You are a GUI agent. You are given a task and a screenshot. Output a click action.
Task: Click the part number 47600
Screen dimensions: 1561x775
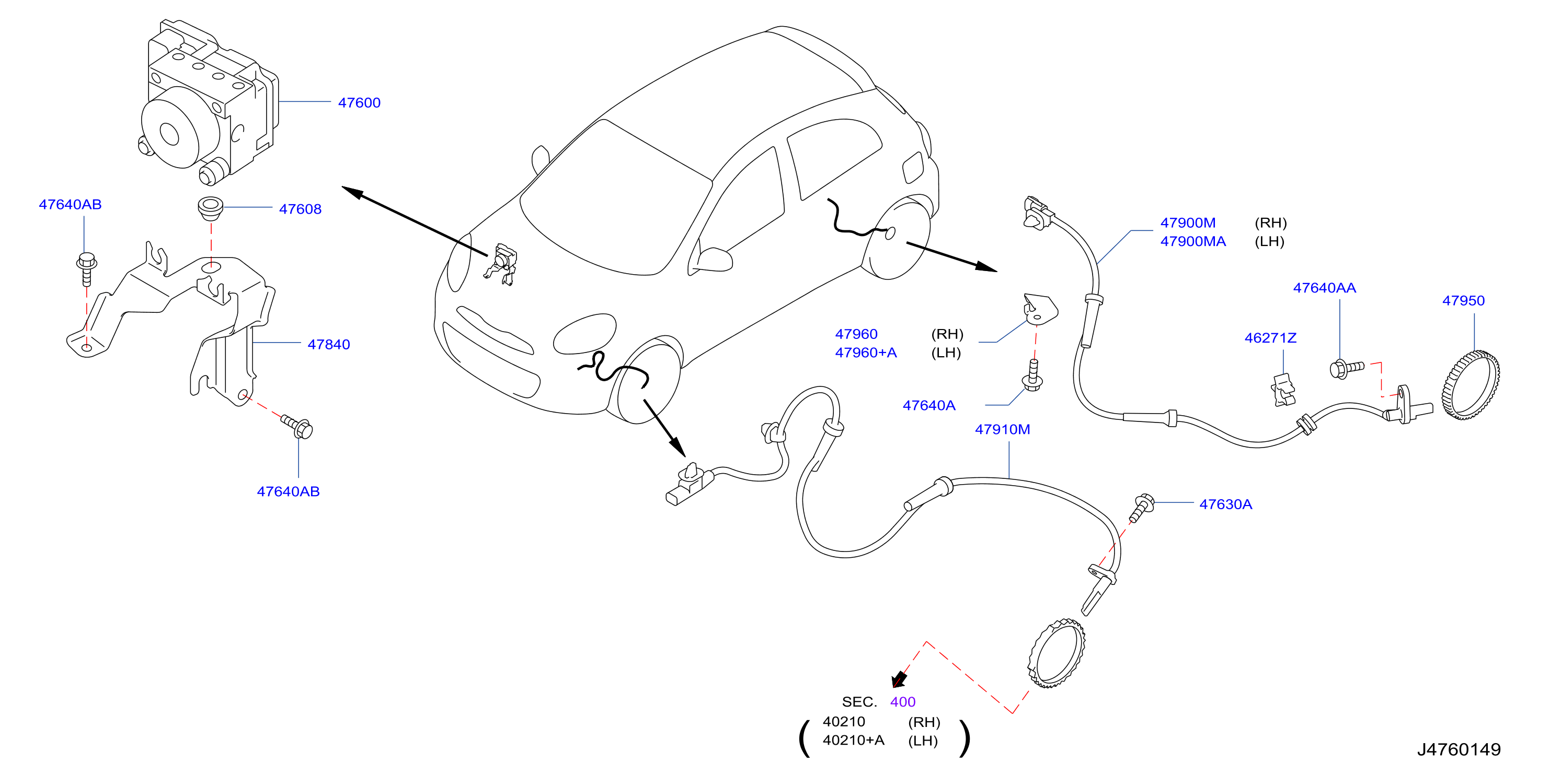coord(359,103)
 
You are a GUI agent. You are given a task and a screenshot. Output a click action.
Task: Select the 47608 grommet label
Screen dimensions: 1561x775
coord(300,209)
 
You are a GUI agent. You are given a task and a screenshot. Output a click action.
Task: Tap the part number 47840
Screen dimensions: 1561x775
coord(328,345)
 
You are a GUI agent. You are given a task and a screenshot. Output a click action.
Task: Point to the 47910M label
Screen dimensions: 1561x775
coord(1002,430)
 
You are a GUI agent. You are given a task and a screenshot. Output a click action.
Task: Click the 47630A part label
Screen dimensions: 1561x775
coord(1225,504)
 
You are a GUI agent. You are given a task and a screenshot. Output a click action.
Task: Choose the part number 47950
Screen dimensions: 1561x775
coord(1463,301)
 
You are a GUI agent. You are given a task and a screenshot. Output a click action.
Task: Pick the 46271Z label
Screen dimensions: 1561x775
coord(1270,338)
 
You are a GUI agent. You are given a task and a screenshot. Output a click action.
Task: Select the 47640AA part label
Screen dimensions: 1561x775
coord(1324,288)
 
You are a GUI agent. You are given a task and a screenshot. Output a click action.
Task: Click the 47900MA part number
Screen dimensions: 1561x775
coord(1192,242)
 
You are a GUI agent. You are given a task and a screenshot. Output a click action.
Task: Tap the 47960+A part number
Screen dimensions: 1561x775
coord(865,353)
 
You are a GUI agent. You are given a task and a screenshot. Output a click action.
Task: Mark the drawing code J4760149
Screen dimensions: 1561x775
coord(1459,749)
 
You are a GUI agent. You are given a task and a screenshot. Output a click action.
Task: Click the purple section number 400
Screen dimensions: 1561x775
coord(902,702)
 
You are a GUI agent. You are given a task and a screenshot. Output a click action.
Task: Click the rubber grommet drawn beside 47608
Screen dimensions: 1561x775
coord(210,208)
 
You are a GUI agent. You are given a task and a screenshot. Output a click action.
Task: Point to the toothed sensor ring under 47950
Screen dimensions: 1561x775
coord(1471,385)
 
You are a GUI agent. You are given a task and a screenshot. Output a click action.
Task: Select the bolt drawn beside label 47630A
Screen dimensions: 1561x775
coord(1141,508)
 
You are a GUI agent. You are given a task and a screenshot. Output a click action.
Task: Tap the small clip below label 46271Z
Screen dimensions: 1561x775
coord(1283,391)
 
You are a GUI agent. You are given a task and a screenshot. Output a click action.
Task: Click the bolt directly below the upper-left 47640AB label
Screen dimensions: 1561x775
coord(87,269)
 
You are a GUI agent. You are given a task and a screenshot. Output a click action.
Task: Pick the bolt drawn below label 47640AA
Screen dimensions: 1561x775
coord(1346,369)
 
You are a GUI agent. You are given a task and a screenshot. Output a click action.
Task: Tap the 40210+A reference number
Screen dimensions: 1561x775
coord(853,741)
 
